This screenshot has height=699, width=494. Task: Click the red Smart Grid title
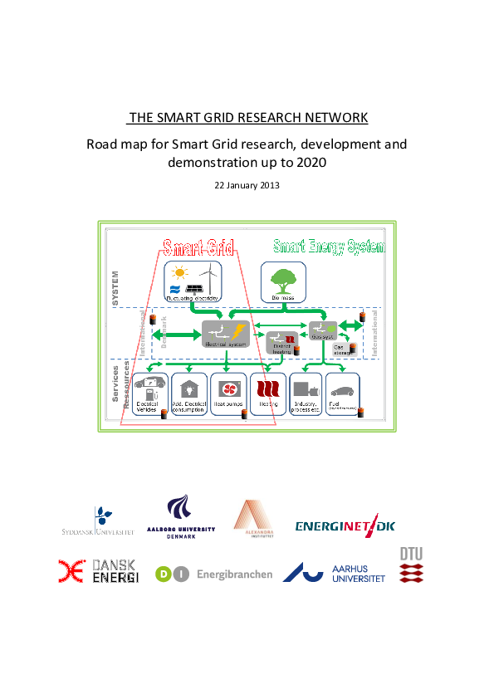tap(198, 247)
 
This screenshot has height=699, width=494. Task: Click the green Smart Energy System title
tap(330, 247)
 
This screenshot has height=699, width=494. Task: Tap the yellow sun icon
tap(178, 271)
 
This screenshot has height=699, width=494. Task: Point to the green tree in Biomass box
tap(283, 279)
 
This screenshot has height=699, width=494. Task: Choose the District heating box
tap(281, 342)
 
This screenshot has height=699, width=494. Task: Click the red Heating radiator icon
tap(267, 389)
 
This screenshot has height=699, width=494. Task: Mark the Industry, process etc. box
tap(305, 394)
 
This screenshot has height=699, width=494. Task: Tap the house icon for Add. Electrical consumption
tap(189, 388)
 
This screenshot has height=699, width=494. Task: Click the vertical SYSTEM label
tap(116, 287)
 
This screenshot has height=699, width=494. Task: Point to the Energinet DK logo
tap(345, 525)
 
